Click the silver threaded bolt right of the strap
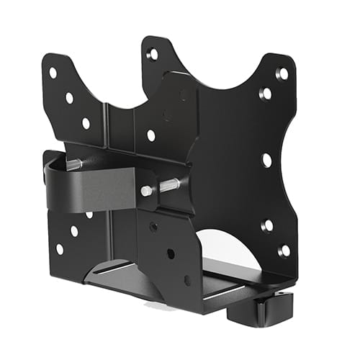point(164,187)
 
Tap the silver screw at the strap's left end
point(74,164)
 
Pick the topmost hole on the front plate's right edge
point(282,73)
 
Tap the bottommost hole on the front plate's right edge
point(284,250)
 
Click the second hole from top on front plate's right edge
point(266,94)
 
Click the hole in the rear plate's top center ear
point(153,54)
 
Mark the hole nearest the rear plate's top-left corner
point(53,73)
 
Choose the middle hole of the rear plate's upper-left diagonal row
point(69,98)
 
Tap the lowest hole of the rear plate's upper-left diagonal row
point(86,123)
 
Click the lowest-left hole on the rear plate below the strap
point(59,248)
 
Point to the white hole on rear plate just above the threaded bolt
point(150,135)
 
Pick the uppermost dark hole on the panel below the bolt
point(153,226)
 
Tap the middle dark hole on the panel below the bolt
point(171,253)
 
